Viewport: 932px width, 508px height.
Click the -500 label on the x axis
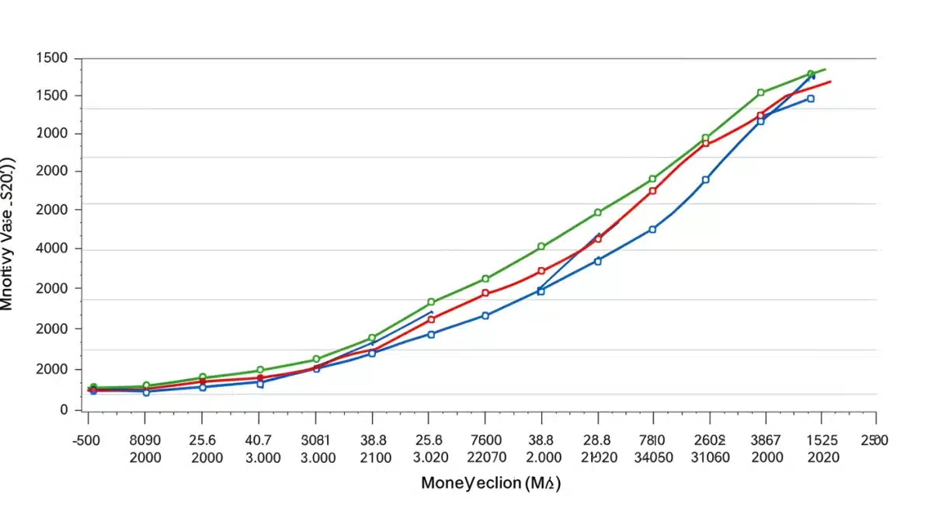coord(90,440)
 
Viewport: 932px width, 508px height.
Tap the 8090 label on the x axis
coord(145,440)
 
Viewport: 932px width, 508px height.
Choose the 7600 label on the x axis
coord(485,440)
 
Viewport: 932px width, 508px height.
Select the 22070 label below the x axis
coord(485,458)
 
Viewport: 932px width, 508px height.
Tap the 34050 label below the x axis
coord(652,458)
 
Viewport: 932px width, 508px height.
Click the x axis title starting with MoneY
coord(490,483)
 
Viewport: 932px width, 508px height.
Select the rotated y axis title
coord(8,233)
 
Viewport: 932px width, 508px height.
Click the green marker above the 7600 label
coord(485,279)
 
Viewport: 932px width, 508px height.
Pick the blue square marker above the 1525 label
coord(811,99)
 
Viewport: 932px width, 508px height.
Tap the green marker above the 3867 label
coord(760,92)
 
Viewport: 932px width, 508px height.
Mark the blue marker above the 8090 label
coord(145,392)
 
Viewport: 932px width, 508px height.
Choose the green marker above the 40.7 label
coord(260,371)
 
